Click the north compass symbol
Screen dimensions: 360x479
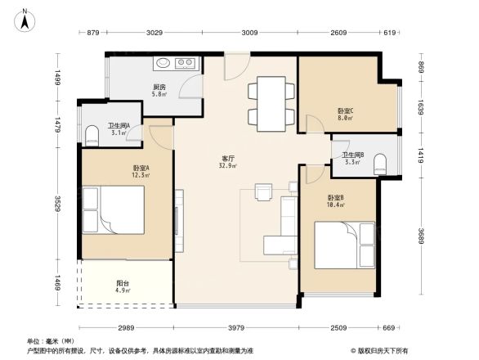pyautogui.click(x=25, y=19)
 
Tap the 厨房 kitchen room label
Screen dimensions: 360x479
pyautogui.click(x=159, y=87)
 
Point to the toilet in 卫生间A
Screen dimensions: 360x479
pyautogui.click(x=92, y=135)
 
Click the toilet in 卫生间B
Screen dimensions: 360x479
pyautogui.click(x=378, y=166)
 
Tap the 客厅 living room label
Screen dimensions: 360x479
pyautogui.click(x=228, y=159)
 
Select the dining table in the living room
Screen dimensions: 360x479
pyautogui.click(x=269, y=104)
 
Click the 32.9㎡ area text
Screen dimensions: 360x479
pyautogui.click(x=228, y=166)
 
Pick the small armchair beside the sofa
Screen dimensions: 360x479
pyautogui.click(x=264, y=193)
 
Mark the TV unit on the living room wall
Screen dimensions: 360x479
pyautogui.click(x=177, y=219)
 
